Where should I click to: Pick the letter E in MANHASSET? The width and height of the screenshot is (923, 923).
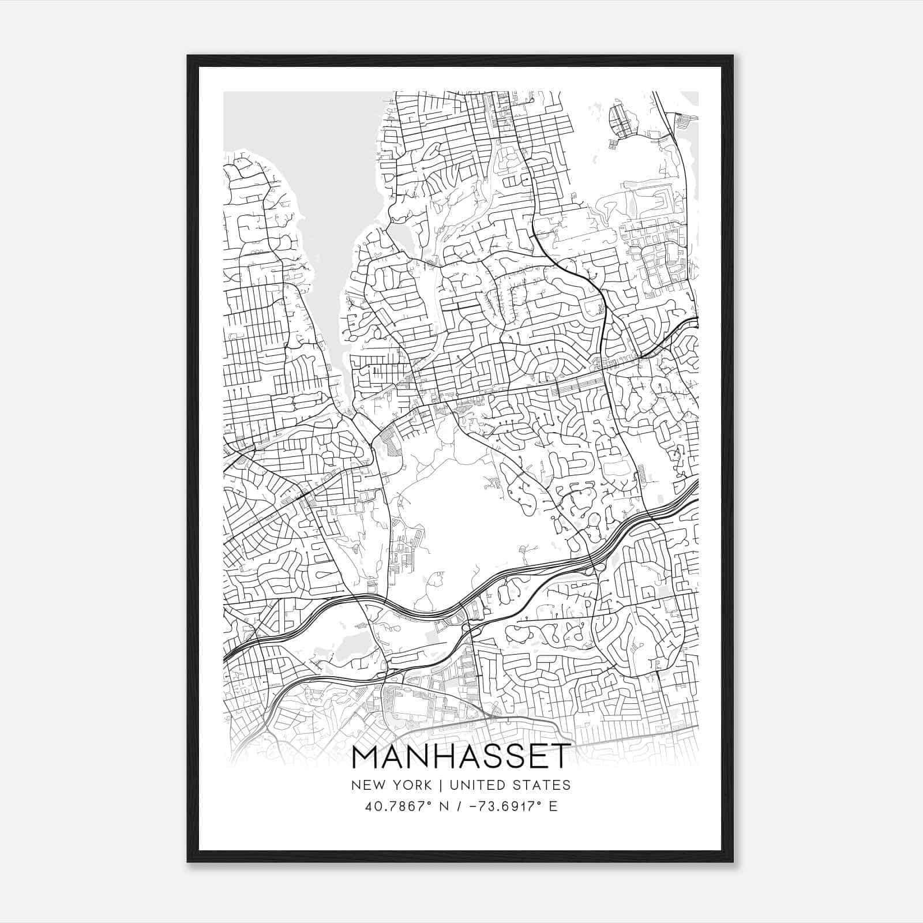tap(538, 757)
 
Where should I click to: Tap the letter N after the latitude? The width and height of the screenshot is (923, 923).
tap(444, 806)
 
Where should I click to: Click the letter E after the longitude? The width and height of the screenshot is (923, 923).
tap(553, 806)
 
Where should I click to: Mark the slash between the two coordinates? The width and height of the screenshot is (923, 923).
tap(460, 806)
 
